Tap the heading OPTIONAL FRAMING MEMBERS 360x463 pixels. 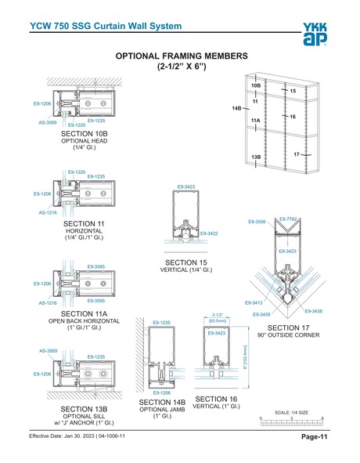click(x=182, y=56)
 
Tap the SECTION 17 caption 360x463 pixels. click(x=289, y=327)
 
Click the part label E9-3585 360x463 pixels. click(x=96, y=267)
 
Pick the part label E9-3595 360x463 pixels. click(x=96, y=301)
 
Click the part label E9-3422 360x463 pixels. click(x=209, y=233)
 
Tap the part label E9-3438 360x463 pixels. click(x=314, y=311)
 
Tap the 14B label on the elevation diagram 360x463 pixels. click(x=237, y=107)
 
